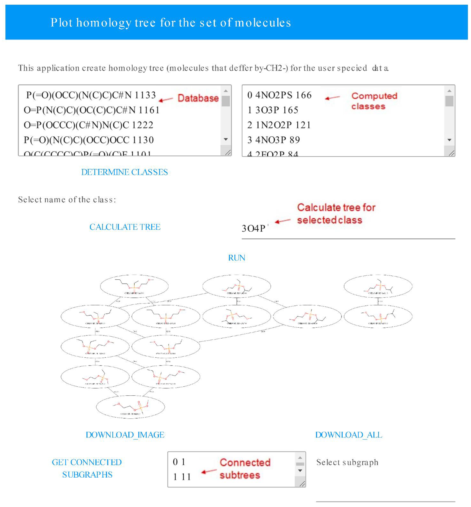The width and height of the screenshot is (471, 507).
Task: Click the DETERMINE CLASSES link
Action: click(x=124, y=172)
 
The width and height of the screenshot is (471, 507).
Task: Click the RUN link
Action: click(x=237, y=258)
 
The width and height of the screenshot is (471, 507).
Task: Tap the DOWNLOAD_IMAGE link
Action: click(x=125, y=435)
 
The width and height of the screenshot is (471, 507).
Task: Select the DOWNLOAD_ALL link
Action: click(x=349, y=435)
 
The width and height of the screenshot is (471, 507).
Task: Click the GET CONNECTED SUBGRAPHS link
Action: click(x=87, y=468)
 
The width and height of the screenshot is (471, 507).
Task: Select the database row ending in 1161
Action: click(x=92, y=110)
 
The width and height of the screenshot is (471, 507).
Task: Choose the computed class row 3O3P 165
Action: click(x=273, y=110)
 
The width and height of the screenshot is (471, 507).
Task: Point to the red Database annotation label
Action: click(x=198, y=98)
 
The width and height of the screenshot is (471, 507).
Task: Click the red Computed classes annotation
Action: click(x=374, y=101)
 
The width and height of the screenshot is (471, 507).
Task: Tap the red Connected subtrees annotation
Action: click(x=244, y=468)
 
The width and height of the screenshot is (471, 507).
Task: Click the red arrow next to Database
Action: click(x=166, y=100)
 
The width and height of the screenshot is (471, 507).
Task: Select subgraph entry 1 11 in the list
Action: click(x=182, y=477)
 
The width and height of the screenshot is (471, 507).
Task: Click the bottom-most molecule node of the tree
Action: click(x=130, y=407)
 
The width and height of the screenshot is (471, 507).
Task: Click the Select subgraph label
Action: click(x=347, y=462)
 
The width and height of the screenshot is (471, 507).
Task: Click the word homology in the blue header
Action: click(x=103, y=23)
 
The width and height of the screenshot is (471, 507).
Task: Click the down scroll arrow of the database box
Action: click(x=226, y=139)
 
